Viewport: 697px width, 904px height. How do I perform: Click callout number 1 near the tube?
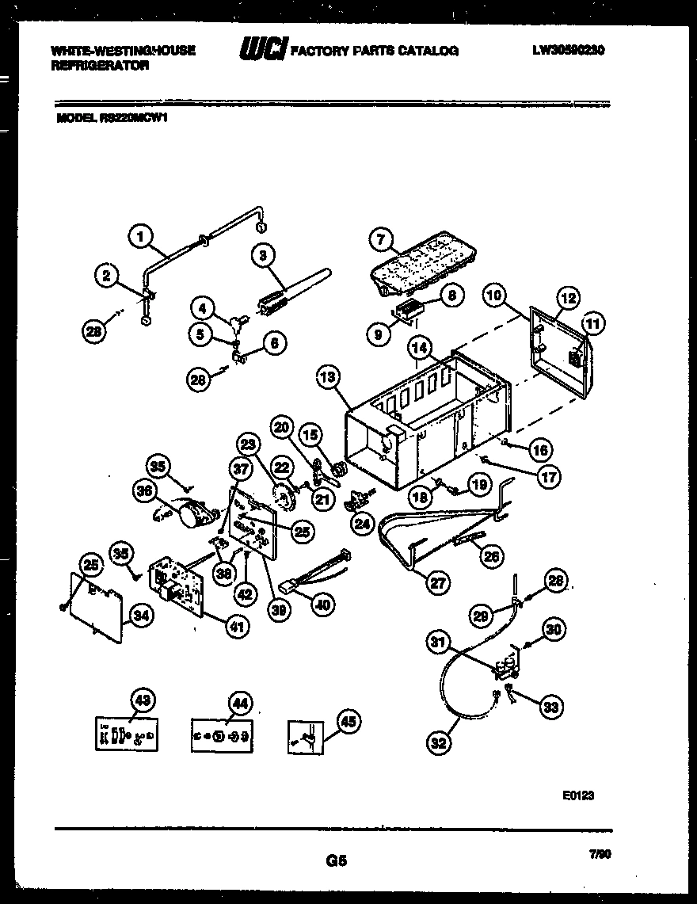139,235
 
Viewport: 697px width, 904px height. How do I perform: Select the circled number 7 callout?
380,238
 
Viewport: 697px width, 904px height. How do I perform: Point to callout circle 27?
436,582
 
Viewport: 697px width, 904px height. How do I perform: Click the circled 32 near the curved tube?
437,742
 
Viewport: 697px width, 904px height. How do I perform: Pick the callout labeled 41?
235,627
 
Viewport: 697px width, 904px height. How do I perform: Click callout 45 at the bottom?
347,721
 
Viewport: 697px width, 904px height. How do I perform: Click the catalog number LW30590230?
569,50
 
